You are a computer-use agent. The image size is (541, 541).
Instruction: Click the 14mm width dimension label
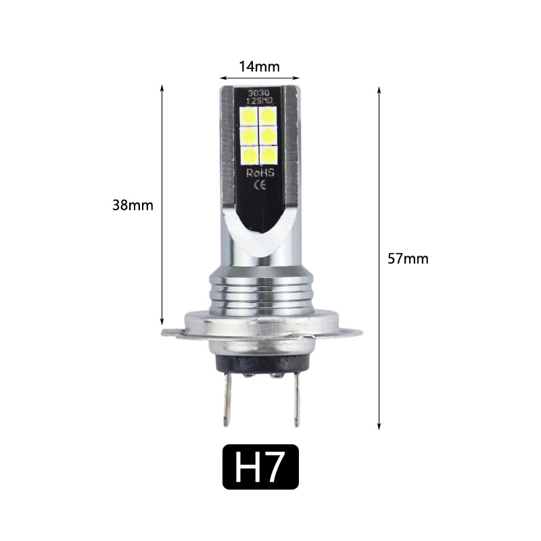click(259, 66)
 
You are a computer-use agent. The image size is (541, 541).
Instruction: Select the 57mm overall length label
click(408, 258)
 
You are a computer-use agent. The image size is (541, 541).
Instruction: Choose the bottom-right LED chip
click(269, 155)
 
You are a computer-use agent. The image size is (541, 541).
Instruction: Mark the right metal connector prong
click(296, 402)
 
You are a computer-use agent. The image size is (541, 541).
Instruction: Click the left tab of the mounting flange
click(170, 333)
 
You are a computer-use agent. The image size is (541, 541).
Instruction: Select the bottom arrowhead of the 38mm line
click(162, 323)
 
